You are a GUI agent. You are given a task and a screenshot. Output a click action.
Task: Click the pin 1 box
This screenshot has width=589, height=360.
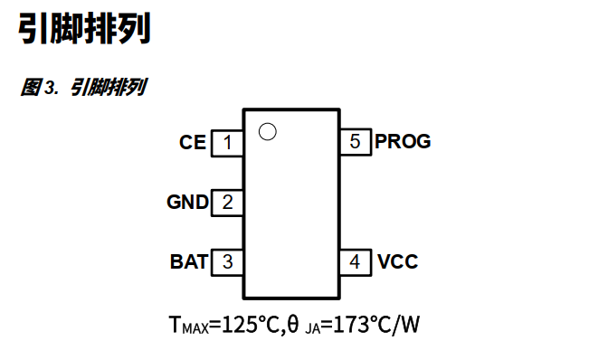click(x=227, y=143)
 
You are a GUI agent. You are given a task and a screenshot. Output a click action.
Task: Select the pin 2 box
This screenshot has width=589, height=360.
click(x=227, y=203)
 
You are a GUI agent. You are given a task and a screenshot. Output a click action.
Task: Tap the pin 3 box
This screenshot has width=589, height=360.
click(x=227, y=262)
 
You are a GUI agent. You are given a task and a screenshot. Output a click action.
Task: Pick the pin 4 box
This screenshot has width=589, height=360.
click(x=356, y=262)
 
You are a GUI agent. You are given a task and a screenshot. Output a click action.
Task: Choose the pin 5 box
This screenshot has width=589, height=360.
click(x=356, y=142)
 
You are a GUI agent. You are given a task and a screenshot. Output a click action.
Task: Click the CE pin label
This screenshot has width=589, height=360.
click(x=193, y=143)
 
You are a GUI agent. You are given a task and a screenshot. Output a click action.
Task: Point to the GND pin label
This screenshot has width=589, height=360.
click(x=187, y=203)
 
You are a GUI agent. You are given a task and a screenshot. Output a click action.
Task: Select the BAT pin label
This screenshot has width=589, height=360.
click(x=189, y=262)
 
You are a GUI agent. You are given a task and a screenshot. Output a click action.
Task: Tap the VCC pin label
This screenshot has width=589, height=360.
click(x=398, y=262)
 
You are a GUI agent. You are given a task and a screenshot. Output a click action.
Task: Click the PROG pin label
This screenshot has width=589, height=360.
click(x=403, y=142)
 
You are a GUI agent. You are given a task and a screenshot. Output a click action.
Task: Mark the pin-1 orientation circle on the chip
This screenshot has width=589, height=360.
click(x=266, y=131)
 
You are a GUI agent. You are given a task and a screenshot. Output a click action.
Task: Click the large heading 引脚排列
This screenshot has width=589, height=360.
click(x=84, y=29)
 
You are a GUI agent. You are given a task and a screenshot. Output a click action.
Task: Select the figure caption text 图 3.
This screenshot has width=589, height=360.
click(x=40, y=88)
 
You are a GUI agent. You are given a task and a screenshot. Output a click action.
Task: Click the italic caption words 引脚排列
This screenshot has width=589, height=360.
click(x=109, y=88)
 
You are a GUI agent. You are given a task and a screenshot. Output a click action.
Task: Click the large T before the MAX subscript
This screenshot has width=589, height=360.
click(x=175, y=324)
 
